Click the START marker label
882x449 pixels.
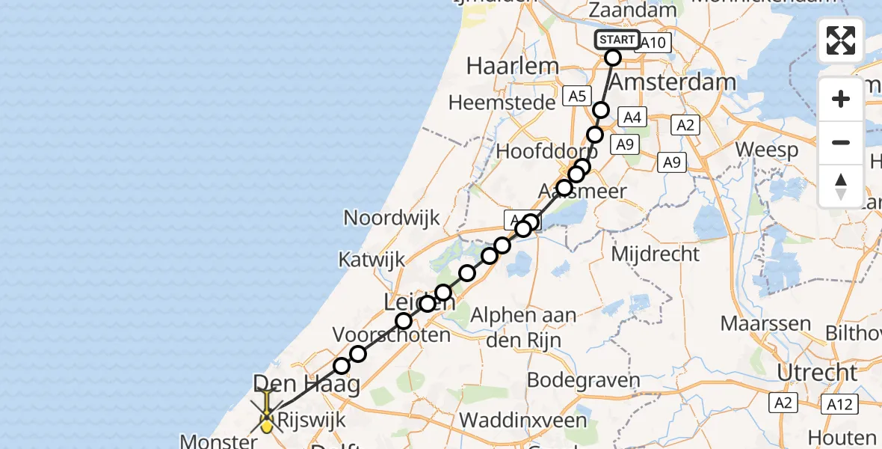(x=617, y=40)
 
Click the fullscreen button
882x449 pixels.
(x=841, y=40)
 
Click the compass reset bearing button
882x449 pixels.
(x=841, y=186)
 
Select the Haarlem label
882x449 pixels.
(x=512, y=66)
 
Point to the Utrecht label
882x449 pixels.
(x=816, y=372)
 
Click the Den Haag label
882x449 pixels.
(x=306, y=385)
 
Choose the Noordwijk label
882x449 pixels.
(x=392, y=218)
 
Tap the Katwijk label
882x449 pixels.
(x=371, y=260)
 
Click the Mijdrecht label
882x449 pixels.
(x=656, y=254)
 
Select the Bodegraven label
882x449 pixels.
(x=584, y=380)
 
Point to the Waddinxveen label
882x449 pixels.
(x=523, y=420)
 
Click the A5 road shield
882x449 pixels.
(x=576, y=97)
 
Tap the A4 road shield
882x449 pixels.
(x=632, y=117)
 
